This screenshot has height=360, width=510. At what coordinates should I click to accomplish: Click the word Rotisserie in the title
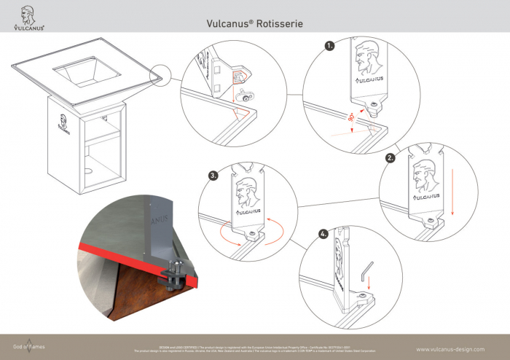[x=280, y=23]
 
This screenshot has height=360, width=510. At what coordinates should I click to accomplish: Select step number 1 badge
[x=330, y=44]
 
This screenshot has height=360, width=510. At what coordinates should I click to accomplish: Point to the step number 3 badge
[x=213, y=176]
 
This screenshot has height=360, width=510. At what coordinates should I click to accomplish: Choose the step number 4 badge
[x=323, y=235]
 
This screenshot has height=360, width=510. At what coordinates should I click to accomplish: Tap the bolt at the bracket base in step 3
[x=253, y=233]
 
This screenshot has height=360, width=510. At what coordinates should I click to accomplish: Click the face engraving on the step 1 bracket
[x=366, y=56]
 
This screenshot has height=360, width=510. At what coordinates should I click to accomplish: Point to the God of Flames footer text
[x=29, y=346]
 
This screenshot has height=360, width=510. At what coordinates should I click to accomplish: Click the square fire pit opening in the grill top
[x=83, y=72]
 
